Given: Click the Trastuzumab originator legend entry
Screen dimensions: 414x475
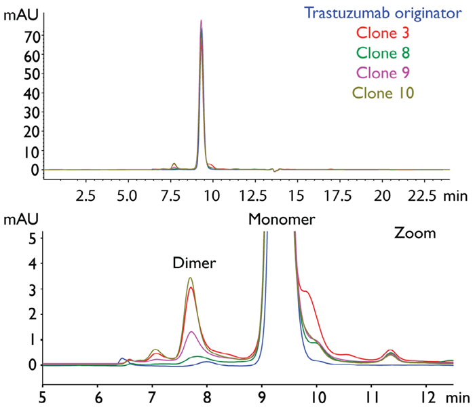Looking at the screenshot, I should [383, 12].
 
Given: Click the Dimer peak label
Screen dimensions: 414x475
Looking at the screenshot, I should [193, 264].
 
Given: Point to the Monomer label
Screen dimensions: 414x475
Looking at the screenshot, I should [281, 219].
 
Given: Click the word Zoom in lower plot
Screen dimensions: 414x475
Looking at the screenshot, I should [415, 234].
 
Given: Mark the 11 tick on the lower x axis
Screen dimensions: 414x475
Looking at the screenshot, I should [371, 393].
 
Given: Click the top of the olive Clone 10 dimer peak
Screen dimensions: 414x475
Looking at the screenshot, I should [191, 278].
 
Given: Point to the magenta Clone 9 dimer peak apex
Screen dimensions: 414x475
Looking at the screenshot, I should [192, 331].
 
